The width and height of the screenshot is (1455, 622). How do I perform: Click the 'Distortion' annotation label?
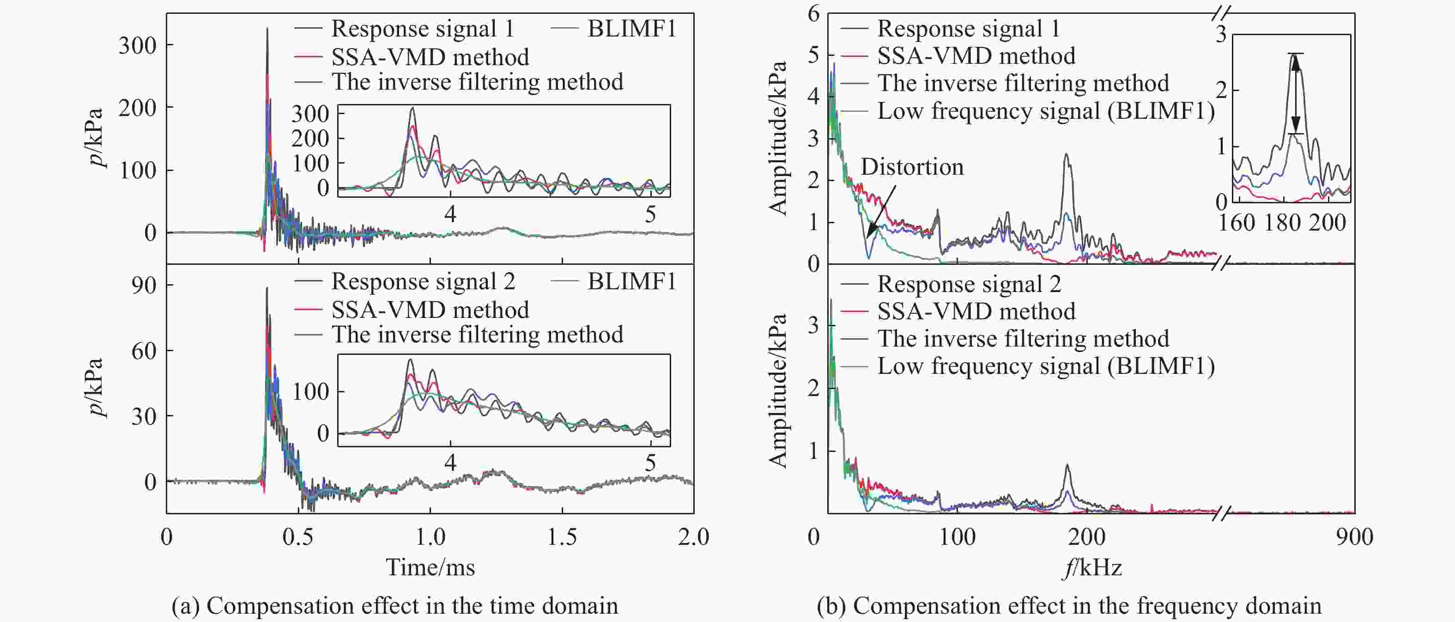[912, 167]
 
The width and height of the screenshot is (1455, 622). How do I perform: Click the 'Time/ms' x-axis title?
[430, 567]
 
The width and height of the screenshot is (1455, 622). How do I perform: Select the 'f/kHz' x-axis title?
[1092, 567]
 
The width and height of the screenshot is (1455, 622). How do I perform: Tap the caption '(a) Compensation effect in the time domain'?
[394, 606]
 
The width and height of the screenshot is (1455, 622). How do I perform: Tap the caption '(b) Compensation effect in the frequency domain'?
[1069, 606]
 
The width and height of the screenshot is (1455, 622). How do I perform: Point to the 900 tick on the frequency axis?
[1354, 536]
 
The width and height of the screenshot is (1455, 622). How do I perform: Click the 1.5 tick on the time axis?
[562, 536]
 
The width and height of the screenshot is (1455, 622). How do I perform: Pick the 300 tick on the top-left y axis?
[137, 45]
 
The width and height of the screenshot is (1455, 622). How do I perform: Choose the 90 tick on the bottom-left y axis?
[144, 285]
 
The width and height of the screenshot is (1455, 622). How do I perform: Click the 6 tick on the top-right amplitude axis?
[813, 13]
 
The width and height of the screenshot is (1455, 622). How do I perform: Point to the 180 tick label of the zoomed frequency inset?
[1282, 223]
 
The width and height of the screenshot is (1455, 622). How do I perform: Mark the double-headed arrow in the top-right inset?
[1296, 94]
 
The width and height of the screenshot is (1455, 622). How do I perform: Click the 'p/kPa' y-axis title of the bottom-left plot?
[97, 388]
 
